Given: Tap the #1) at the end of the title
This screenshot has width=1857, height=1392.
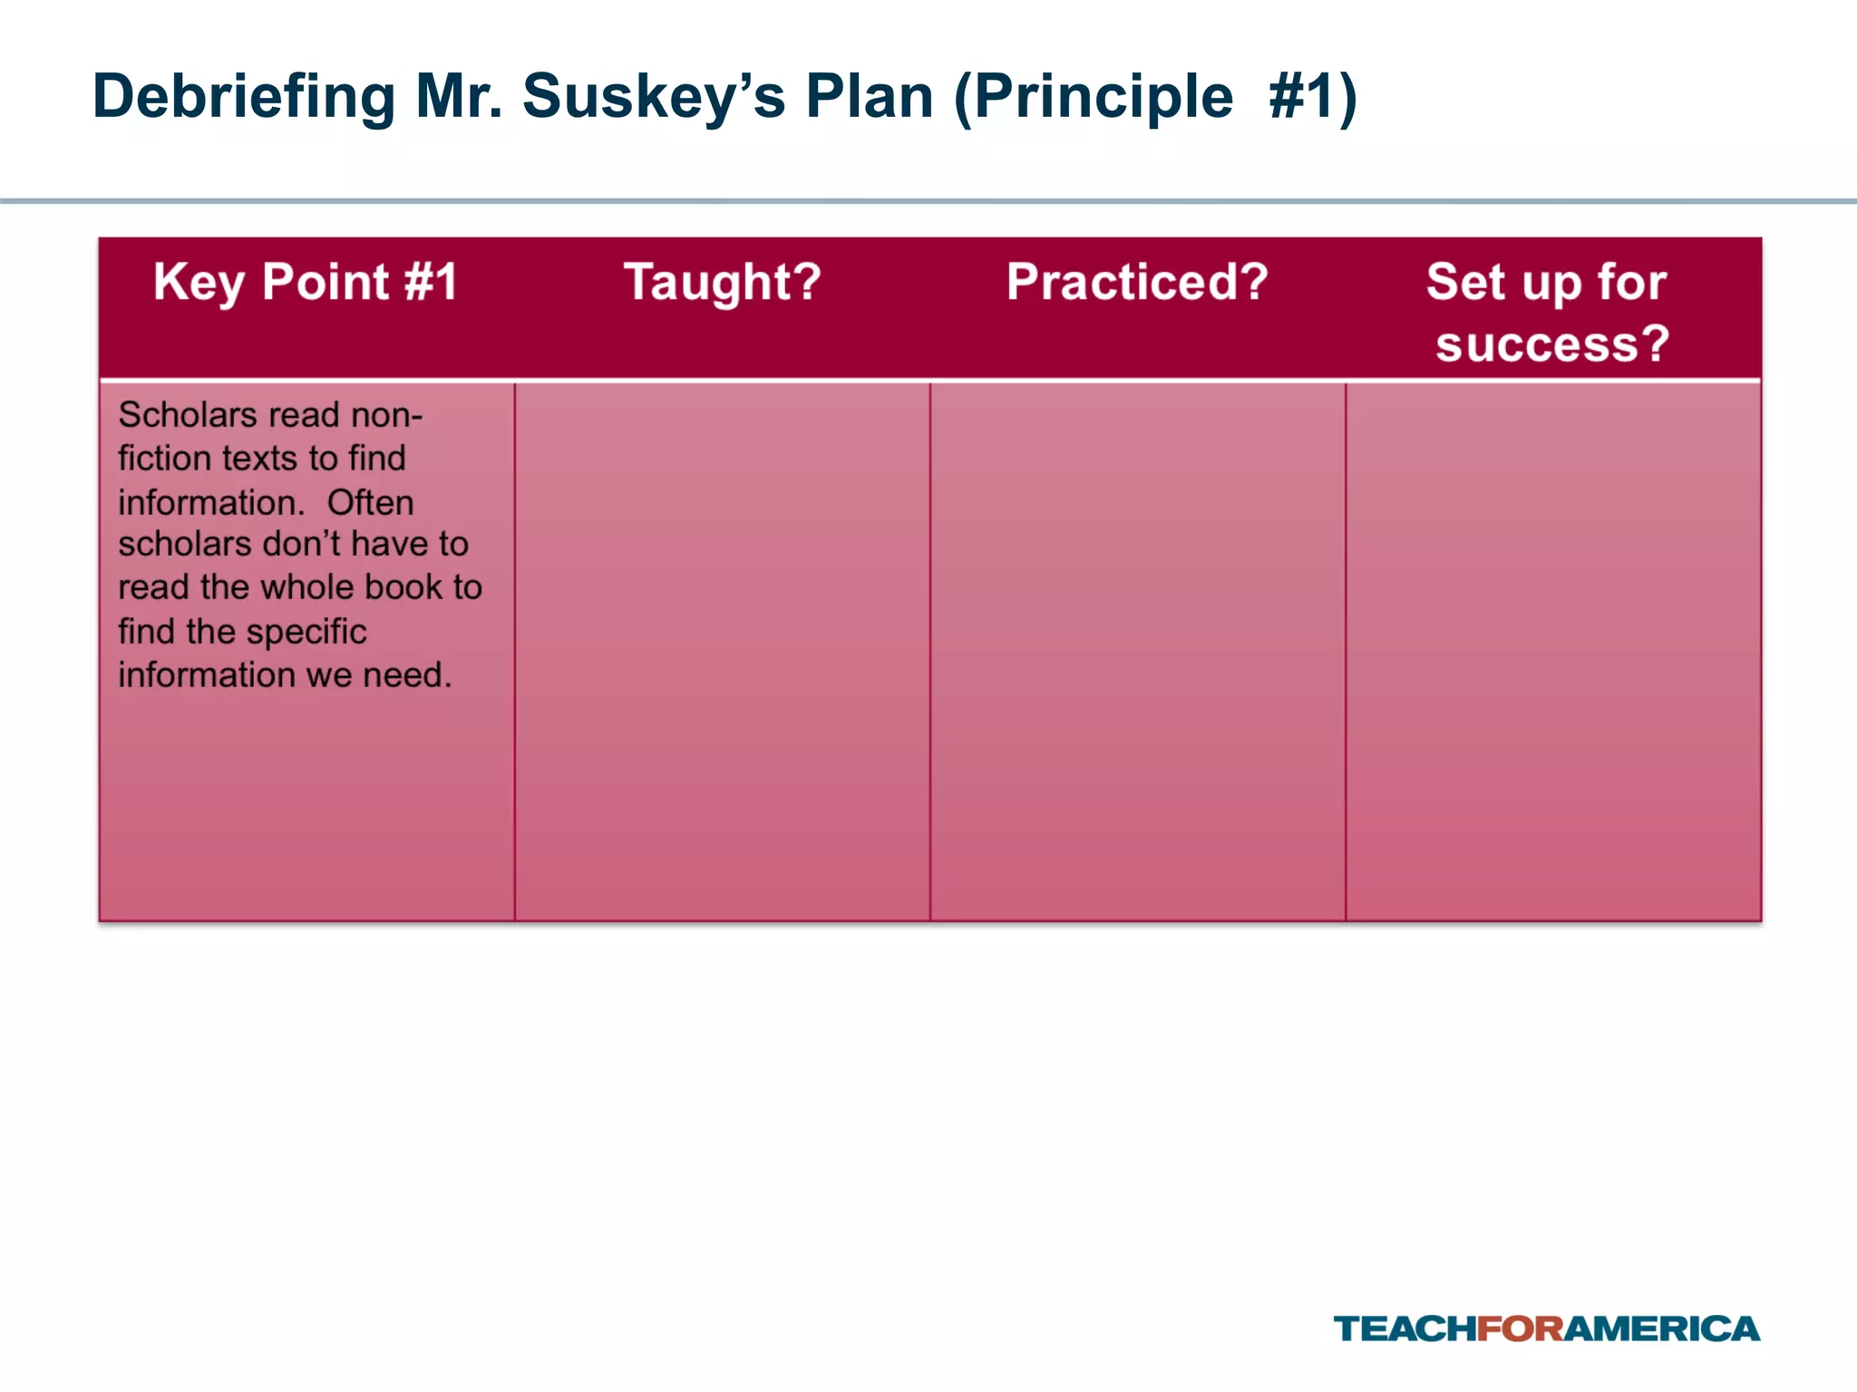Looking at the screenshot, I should pyautogui.click(x=1312, y=96).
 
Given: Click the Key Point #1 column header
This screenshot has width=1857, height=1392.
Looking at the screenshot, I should pyautogui.click(x=306, y=282).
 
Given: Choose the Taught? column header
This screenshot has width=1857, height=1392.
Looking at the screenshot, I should pyautogui.click(x=723, y=282).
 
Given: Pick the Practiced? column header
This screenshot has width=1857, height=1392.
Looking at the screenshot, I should pyautogui.click(x=1137, y=282).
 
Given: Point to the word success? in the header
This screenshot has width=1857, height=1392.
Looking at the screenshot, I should pyautogui.click(x=1552, y=344).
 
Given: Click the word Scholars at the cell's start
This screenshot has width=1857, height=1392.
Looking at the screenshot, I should pyautogui.click(x=188, y=415).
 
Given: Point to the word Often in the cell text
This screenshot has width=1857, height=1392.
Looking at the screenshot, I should pyautogui.click(x=370, y=502).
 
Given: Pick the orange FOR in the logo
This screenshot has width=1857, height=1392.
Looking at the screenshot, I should pyautogui.click(x=1521, y=1329).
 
